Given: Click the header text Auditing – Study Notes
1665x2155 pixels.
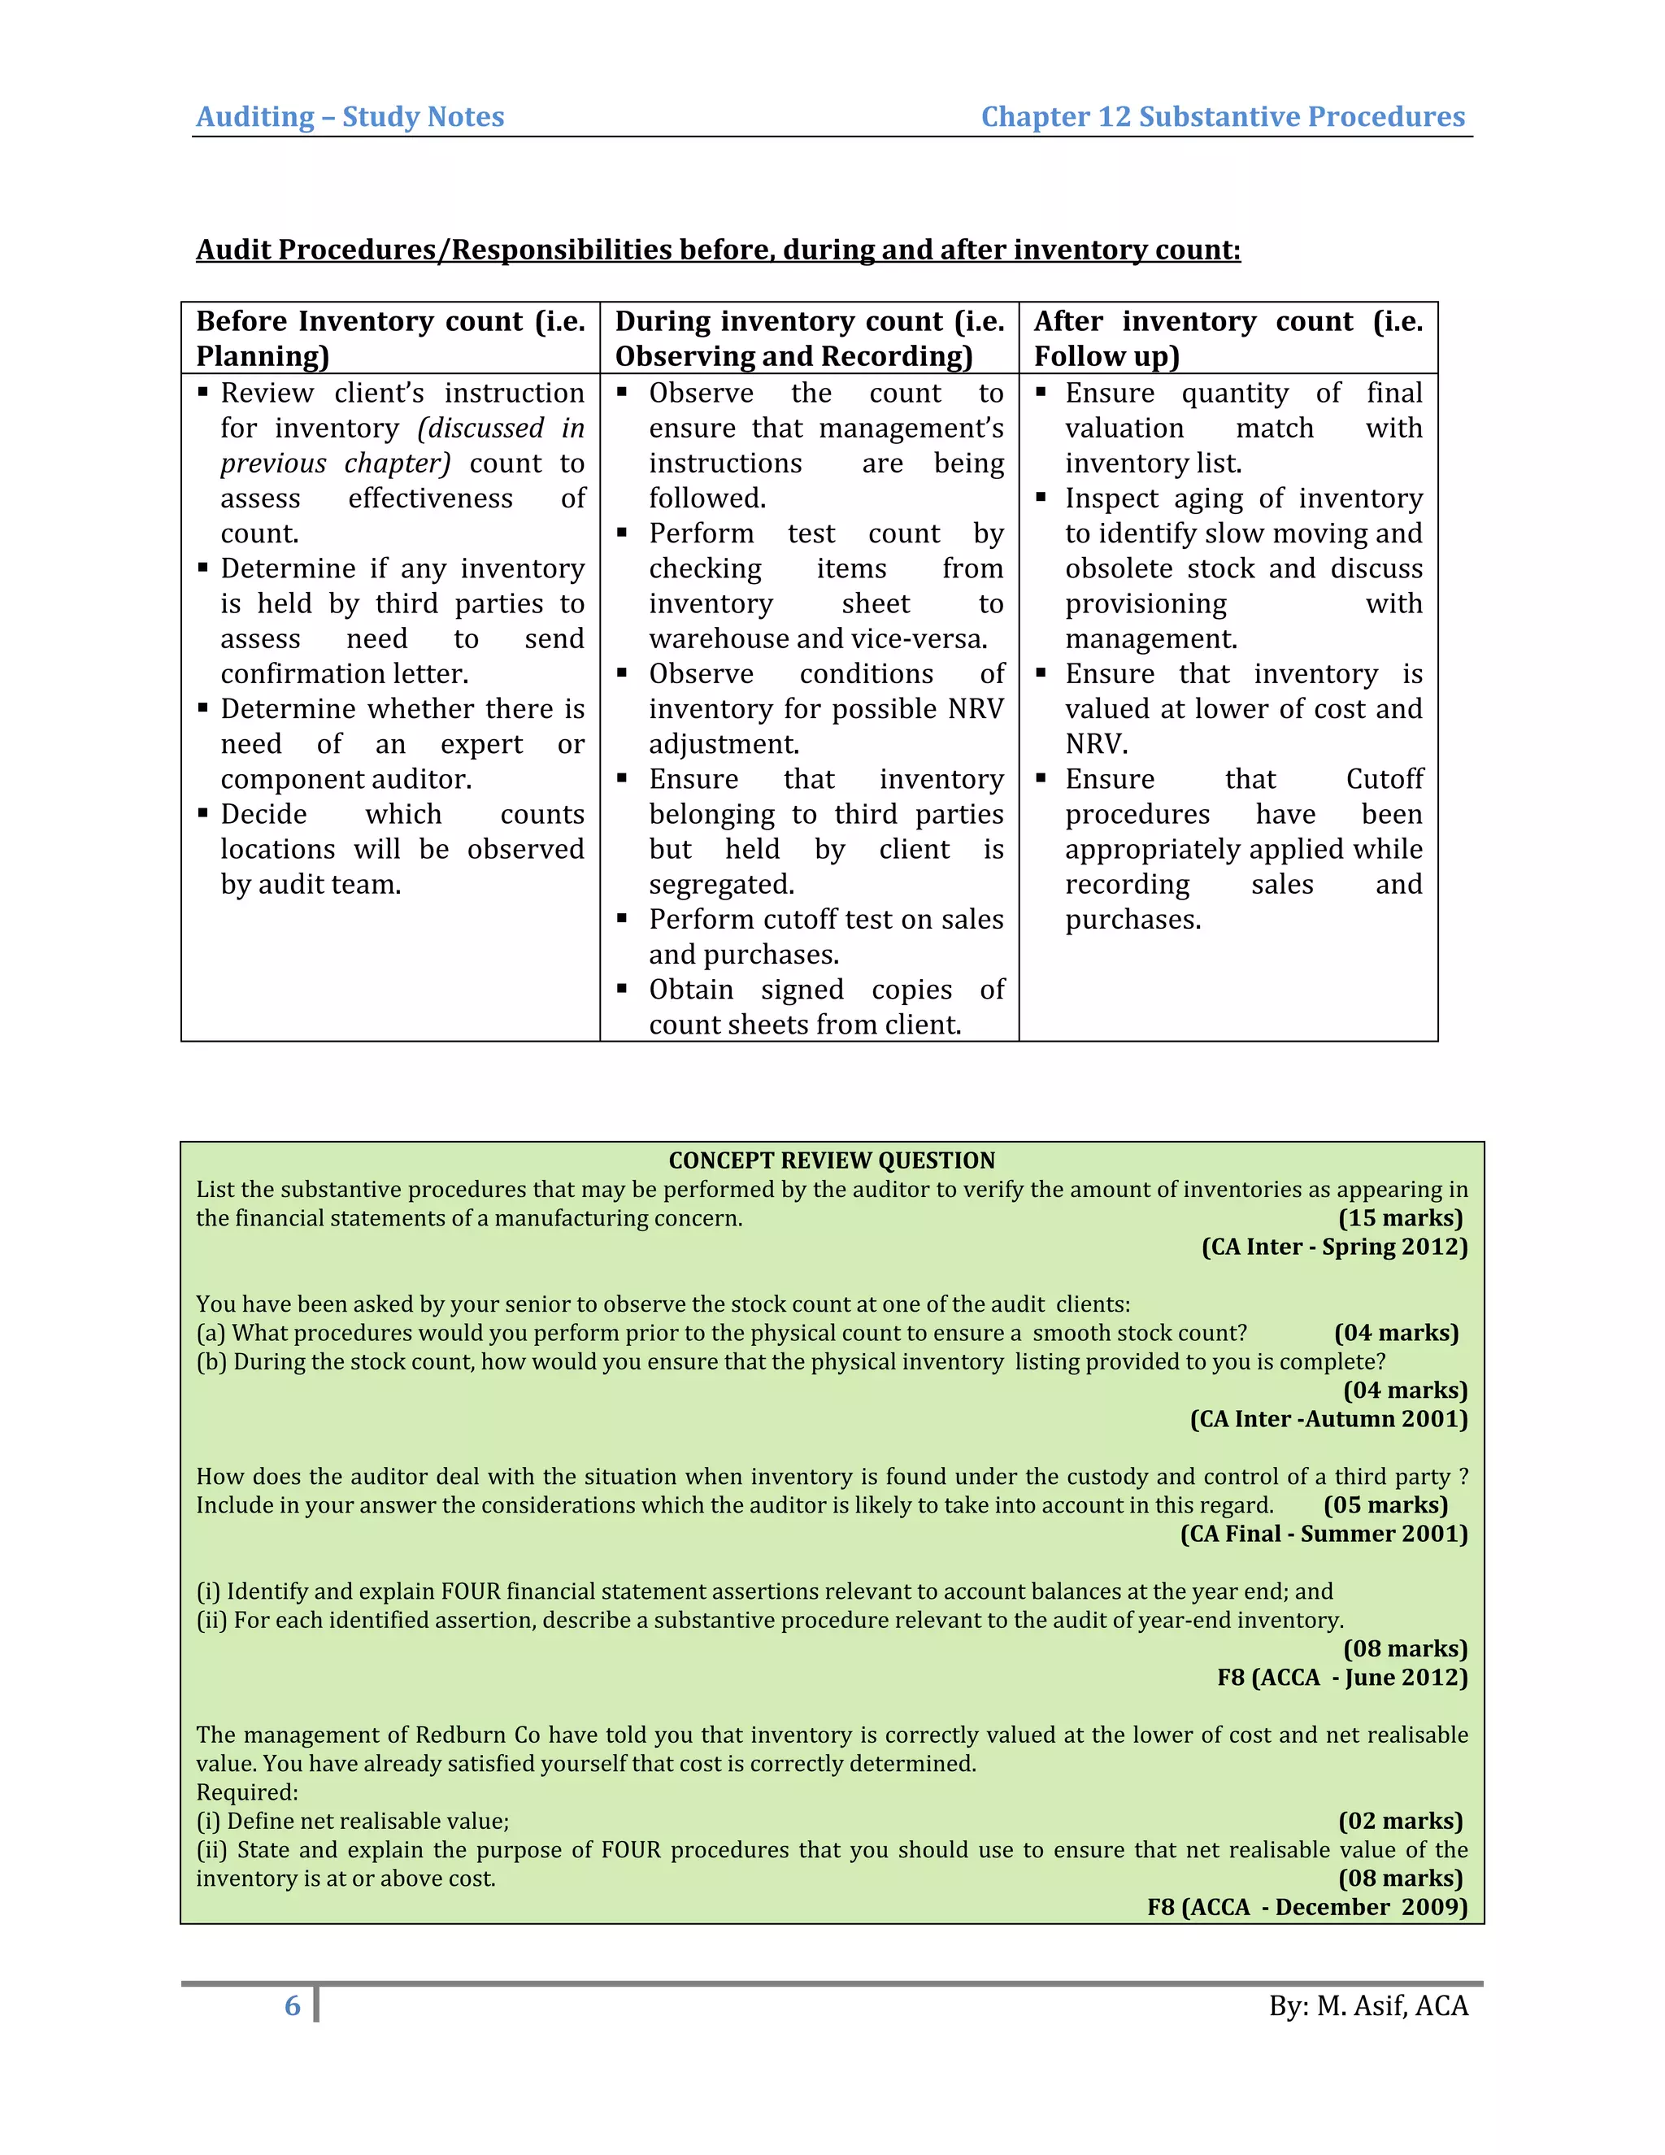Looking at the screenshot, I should (x=350, y=116).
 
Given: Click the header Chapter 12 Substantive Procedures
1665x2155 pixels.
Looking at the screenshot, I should (x=1222, y=116).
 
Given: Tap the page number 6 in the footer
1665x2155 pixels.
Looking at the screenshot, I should (x=292, y=2005).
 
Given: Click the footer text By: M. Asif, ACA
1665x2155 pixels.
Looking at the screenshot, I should (x=1368, y=2005).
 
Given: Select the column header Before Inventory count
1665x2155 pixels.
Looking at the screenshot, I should (x=390, y=338).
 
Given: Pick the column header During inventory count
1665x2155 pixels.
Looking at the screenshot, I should (x=809, y=338).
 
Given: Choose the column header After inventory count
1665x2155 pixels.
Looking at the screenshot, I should (x=1228, y=338).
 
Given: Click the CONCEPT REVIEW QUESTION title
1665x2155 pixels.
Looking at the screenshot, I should (x=832, y=1160).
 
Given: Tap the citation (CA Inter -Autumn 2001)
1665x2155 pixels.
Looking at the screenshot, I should (x=1328, y=1419).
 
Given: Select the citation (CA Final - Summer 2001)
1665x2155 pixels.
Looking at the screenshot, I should (x=1324, y=1534).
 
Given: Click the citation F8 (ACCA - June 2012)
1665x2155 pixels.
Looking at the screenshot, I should (x=1341, y=1678).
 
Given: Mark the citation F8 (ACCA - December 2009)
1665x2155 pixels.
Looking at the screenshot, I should (x=1307, y=1907).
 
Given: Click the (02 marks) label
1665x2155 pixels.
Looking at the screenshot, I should (x=1400, y=1821).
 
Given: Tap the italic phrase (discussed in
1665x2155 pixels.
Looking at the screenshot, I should (x=501, y=429).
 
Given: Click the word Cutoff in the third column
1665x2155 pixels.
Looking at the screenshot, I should (x=1384, y=780).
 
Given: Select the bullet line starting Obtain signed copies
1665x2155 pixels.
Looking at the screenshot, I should (x=826, y=990).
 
